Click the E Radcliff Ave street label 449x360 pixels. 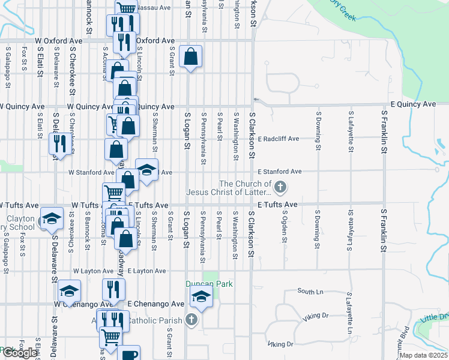pyautogui.click(x=278, y=139)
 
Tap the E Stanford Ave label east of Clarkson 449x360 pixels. pyautogui.click(x=280, y=172)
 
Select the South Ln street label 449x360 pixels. pyautogui.click(x=310, y=292)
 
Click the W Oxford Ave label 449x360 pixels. pyautogui.click(x=58, y=41)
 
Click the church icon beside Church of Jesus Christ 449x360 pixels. pyautogui.click(x=280, y=188)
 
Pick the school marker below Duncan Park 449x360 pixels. pyautogui.click(x=201, y=296)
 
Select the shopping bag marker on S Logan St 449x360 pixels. pyautogui.click(x=190, y=57)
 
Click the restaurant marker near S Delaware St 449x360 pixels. pyautogui.click(x=59, y=144)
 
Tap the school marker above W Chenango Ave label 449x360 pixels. pyautogui.click(x=70, y=292)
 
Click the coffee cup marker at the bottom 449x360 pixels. pyautogui.click(x=128, y=354)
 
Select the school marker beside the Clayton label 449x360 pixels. pyautogui.click(x=52, y=218)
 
